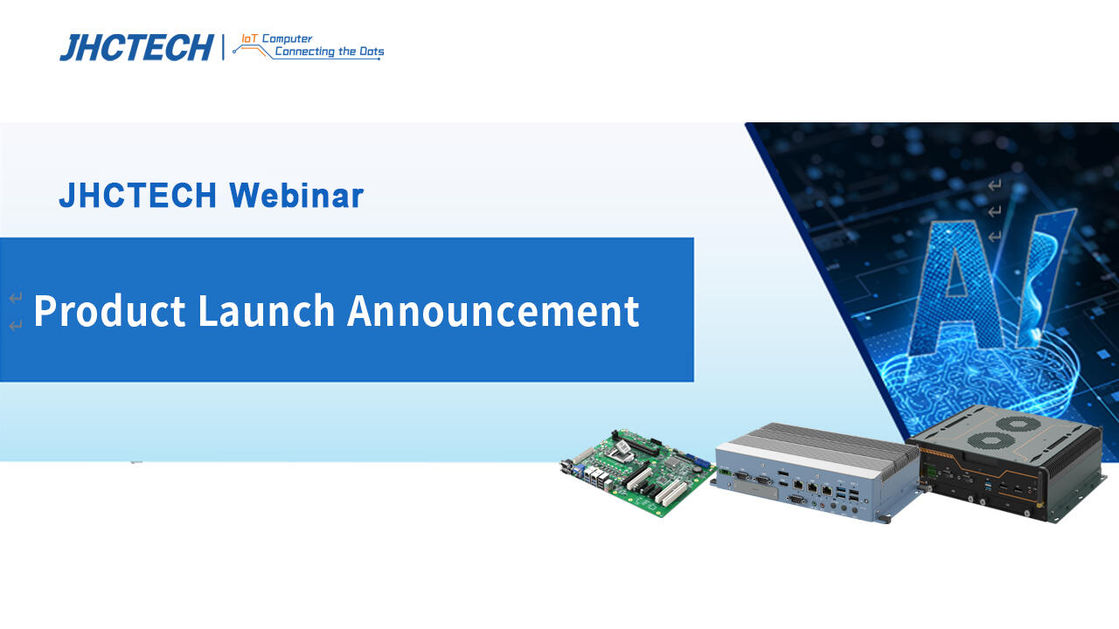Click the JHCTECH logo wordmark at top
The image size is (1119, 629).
click(136, 47)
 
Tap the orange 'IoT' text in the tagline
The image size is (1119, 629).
click(249, 38)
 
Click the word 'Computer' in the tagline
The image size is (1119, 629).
click(287, 39)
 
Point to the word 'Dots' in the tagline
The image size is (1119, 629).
click(371, 52)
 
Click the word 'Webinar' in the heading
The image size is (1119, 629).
click(296, 196)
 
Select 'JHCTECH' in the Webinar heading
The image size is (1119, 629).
click(137, 196)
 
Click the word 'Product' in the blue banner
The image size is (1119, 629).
click(109, 311)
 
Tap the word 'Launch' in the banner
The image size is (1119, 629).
click(266, 311)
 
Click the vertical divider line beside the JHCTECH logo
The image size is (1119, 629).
click(223, 47)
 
